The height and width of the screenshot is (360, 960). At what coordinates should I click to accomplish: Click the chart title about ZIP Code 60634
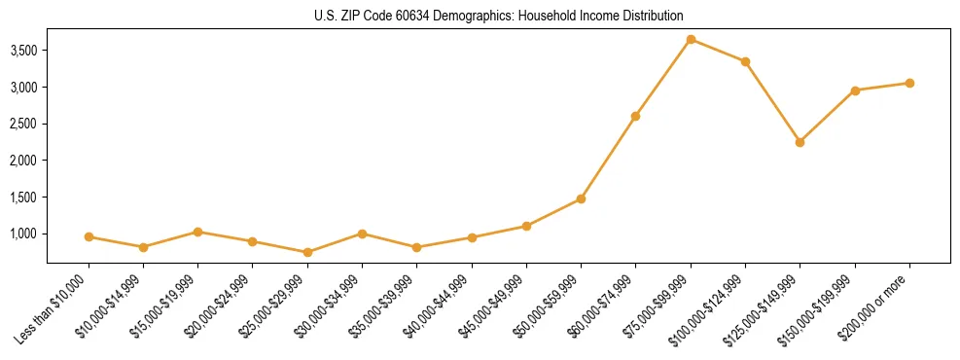(498, 17)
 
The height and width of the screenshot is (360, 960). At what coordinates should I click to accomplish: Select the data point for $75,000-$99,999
(691, 39)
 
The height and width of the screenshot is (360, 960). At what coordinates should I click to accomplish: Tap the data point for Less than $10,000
(89, 236)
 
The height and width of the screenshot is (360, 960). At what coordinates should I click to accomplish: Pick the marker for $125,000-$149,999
(800, 142)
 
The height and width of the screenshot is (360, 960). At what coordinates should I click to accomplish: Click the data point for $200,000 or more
(909, 83)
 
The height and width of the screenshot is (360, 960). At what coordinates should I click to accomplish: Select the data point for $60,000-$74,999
(635, 116)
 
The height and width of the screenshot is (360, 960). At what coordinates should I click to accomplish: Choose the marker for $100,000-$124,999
(745, 61)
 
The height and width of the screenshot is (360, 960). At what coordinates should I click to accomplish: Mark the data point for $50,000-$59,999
(581, 198)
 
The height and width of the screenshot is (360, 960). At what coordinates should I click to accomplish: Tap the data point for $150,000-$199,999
(855, 90)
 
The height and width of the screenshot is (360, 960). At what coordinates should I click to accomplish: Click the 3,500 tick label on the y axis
(22, 50)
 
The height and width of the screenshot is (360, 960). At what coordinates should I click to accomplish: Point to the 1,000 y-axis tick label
(22, 234)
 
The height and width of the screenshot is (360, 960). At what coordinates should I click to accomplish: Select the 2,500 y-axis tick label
(22, 124)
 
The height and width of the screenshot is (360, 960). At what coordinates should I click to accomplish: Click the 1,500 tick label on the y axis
(22, 197)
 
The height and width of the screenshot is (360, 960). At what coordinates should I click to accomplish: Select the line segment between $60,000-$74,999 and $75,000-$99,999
(663, 78)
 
